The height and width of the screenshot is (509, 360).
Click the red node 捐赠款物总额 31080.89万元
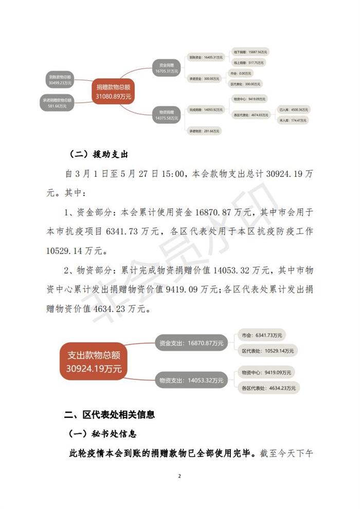(114, 91)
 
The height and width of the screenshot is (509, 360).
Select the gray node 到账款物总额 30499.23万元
(61, 79)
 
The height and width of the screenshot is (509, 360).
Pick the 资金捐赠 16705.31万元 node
(166, 69)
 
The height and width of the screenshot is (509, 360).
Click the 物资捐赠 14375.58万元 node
(166, 115)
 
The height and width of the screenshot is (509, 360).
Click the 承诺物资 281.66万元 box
(203, 131)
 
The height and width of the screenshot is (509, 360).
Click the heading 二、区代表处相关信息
(110, 414)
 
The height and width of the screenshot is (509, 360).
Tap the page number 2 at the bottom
(179, 476)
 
